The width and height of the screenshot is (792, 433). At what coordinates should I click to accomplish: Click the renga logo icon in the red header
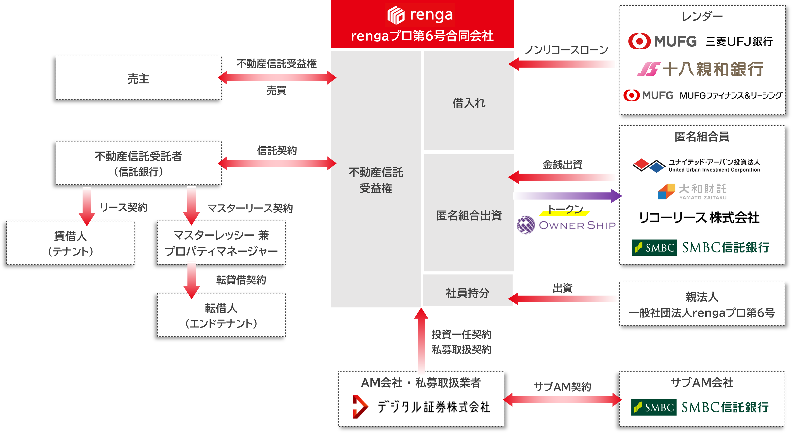click(x=396, y=15)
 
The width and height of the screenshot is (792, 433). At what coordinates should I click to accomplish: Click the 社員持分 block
click(x=467, y=292)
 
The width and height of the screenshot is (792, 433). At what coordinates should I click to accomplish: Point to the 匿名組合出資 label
click(x=469, y=215)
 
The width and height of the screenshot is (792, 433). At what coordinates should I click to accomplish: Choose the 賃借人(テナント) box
click(x=71, y=243)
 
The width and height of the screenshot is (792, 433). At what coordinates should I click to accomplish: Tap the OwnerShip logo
click(x=566, y=225)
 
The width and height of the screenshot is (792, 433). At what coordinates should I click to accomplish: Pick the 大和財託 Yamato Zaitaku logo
click(x=692, y=191)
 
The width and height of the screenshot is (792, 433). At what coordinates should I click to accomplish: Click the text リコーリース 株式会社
click(x=699, y=218)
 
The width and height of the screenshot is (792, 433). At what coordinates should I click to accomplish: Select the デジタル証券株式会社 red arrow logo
click(x=360, y=407)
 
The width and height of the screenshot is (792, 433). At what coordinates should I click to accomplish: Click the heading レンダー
click(x=702, y=16)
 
